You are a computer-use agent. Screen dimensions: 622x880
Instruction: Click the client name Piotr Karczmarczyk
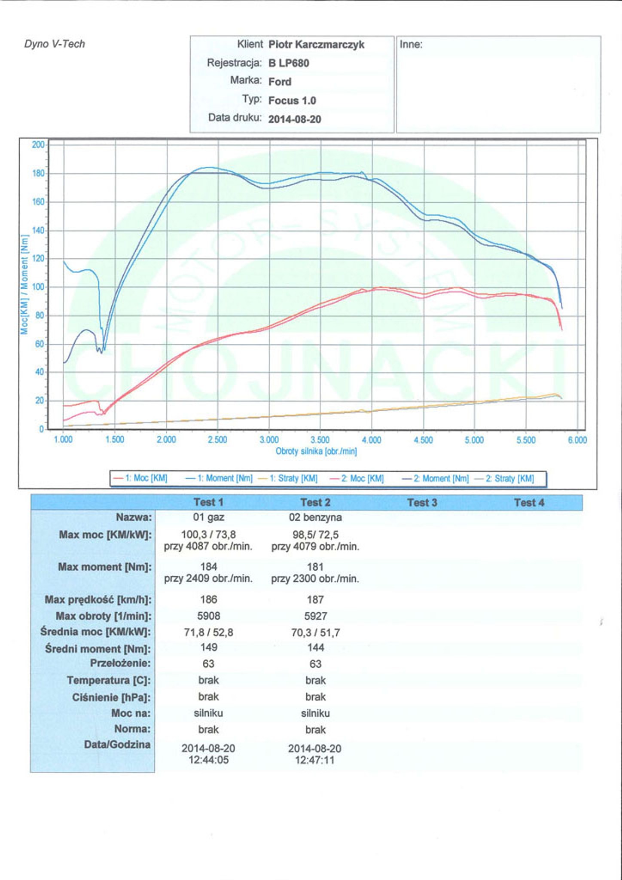[316, 45]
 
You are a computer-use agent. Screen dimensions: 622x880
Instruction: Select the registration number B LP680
[289, 63]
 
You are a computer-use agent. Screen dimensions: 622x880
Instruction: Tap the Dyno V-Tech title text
[55, 44]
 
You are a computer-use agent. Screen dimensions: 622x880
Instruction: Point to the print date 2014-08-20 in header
[295, 119]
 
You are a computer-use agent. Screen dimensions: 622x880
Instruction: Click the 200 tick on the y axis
[38, 145]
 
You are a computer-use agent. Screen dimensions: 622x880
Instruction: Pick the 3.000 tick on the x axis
[269, 440]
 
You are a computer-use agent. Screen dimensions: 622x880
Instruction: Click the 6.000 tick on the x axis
[577, 440]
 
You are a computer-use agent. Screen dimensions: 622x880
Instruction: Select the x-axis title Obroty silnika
[316, 452]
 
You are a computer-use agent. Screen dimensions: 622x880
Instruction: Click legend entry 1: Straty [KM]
[288, 478]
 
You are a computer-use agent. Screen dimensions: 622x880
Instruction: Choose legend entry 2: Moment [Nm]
[436, 478]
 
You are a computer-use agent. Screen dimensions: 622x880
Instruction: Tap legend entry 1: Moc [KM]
[140, 478]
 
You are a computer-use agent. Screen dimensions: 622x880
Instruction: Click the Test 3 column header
[422, 503]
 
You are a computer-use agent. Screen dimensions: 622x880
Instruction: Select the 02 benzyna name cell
[315, 517]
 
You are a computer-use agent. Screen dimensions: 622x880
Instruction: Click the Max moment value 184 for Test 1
[208, 567]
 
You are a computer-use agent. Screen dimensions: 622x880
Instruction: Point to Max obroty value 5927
[316, 616]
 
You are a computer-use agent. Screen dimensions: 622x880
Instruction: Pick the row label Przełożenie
[120, 663]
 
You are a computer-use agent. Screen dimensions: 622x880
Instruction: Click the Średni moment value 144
[316, 648]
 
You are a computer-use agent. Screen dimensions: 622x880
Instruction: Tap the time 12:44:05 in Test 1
[208, 760]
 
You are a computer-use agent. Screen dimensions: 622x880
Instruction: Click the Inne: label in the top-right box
[411, 45]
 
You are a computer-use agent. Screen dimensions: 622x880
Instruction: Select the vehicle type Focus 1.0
[292, 101]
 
